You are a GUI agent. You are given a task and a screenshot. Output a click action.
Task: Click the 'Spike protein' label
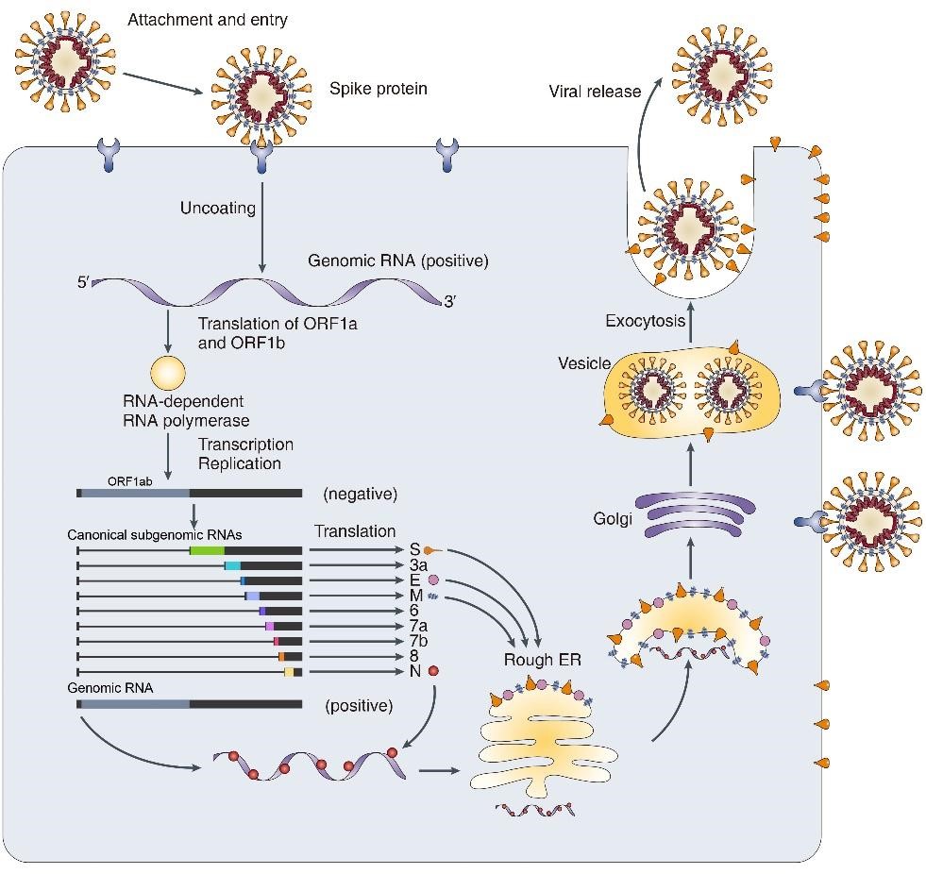pyautogui.click(x=378, y=89)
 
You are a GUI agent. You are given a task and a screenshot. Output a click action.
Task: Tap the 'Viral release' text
pyautogui.click(x=595, y=92)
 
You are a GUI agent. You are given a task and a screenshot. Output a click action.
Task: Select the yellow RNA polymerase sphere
pyautogui.click(x=168, y=372)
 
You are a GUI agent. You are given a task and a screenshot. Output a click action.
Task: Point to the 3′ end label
pyautogui.click(x=452, y=302)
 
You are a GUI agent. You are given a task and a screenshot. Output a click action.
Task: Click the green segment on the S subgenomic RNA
pyautogui.click(x=207, y=550)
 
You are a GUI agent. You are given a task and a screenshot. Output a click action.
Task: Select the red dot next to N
pyautogui.click(x=433, y=671)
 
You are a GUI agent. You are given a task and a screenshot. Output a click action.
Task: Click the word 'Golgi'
pyautogui.click(x=613, y=519)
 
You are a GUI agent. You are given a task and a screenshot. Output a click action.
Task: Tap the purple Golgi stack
pyautogui.click(x=690, y=518)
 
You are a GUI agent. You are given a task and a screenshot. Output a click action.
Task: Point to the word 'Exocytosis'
pyautogui.click(x=645, y=321)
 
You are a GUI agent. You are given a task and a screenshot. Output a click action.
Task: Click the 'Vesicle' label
pyautogui.click(x=584, y=363)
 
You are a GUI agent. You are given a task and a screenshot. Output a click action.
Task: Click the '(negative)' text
pyautogui.click(x=360, y=494)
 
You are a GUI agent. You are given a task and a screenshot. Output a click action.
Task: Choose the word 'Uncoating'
pyautogui.click(x=218, y=208)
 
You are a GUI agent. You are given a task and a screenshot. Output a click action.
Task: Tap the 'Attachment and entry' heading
pyautogui.click(x=207, y=19)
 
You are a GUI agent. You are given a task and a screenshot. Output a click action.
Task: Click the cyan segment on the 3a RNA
pyautogui.click(x=232, y=565)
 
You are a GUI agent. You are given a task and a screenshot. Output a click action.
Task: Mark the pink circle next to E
pyautogui.click(x=433, y=580)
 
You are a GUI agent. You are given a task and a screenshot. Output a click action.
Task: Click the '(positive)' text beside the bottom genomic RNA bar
pyautogui.click(x=359, y=704)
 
